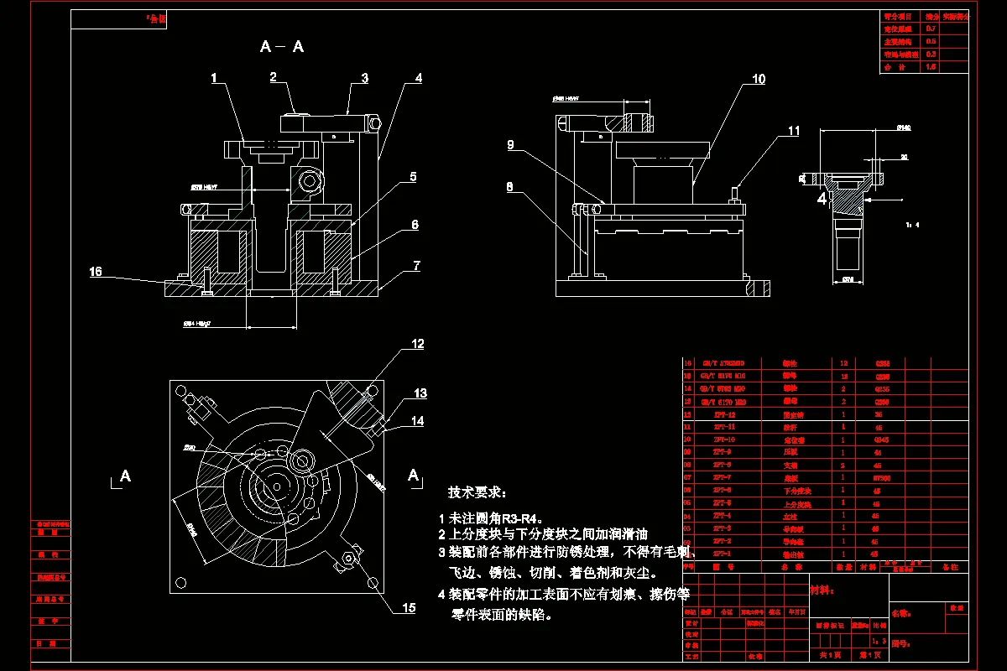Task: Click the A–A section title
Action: click(x=282, y=47)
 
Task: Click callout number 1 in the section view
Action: click(x=214, y=79)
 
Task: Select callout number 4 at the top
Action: click(x=418, y=79)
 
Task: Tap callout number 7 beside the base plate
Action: click(x=416, y=266)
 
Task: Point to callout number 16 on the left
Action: click(x=96, y=271)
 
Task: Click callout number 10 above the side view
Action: click(x=759, y=80)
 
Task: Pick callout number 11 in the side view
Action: click(x=794, y=131)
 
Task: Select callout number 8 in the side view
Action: click(x=509, y=189)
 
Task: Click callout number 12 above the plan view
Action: click(x=417, y=344)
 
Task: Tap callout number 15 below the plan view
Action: click(x=409, y=608)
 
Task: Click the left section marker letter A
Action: click(x=125, y=476)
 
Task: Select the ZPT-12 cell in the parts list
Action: click(x=723, y=414)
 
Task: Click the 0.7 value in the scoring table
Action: click(x=931, y=29)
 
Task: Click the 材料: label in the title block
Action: click(x=822, y=590)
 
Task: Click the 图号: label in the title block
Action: click(x=901, y=645)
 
